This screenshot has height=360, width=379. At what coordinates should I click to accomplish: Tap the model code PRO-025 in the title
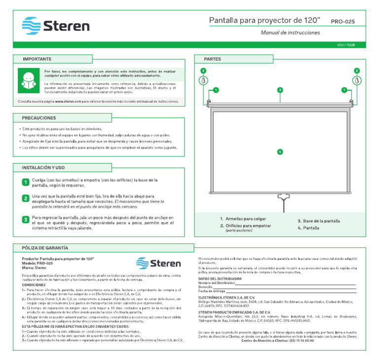(x=342, y=22)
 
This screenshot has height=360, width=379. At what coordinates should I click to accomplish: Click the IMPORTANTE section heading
(x=37, y=59)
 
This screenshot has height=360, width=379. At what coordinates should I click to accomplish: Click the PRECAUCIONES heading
(x=39, y=119)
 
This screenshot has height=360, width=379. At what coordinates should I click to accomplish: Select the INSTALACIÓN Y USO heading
(x=43, y=168)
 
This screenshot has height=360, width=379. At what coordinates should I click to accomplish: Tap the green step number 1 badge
(x=25, y=183)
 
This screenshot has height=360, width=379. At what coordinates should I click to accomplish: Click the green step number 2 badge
(x=25, y=199)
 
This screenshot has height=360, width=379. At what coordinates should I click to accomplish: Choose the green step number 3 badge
(x=25, y=219)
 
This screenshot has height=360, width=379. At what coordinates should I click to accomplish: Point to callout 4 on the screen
(x=280, y=152)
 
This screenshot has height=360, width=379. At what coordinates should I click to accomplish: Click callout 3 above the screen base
(x=280, y=90)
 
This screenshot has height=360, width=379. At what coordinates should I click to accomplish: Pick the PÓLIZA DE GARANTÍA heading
(x=45, y=247)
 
